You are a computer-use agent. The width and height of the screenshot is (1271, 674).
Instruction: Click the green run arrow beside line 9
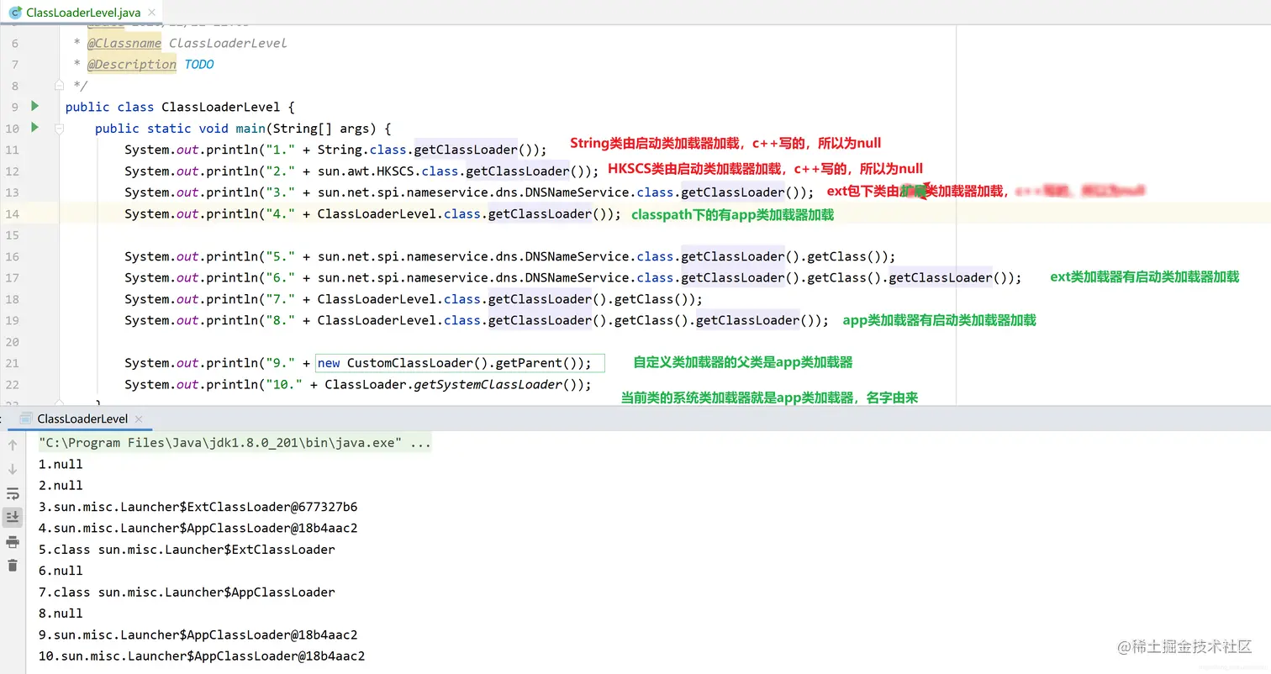[x=34, y=107]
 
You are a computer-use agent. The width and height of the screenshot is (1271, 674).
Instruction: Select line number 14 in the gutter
[x=12, y=213]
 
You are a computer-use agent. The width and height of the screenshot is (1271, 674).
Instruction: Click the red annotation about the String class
[x=725, y=144]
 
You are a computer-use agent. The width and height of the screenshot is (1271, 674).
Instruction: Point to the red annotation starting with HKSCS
[x=765, y=168]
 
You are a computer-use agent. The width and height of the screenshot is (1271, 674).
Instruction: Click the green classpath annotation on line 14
[x=732, y=215]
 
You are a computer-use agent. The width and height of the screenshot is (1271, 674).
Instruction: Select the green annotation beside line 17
[x=1144, y=277]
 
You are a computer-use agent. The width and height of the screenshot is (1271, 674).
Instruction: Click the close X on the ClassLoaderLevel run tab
[x=139, y=419]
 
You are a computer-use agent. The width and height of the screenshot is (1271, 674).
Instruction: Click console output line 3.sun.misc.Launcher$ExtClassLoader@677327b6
[x=198, y=507]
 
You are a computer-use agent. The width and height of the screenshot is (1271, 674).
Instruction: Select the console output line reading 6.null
[x=61, y=571]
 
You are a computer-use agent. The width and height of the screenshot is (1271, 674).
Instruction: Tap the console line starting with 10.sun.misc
[x=202, y=656]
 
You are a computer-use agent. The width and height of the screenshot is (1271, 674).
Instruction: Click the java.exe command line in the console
[x=235, y=443]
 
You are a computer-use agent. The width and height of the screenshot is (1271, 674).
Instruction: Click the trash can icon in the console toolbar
[x=13, y=566]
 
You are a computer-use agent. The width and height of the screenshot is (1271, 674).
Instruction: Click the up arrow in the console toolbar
[x=13, y=445]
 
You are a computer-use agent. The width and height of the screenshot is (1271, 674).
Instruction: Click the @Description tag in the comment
[x=132, y=65]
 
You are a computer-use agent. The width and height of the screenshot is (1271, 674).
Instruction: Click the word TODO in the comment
[x=199, y=65]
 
